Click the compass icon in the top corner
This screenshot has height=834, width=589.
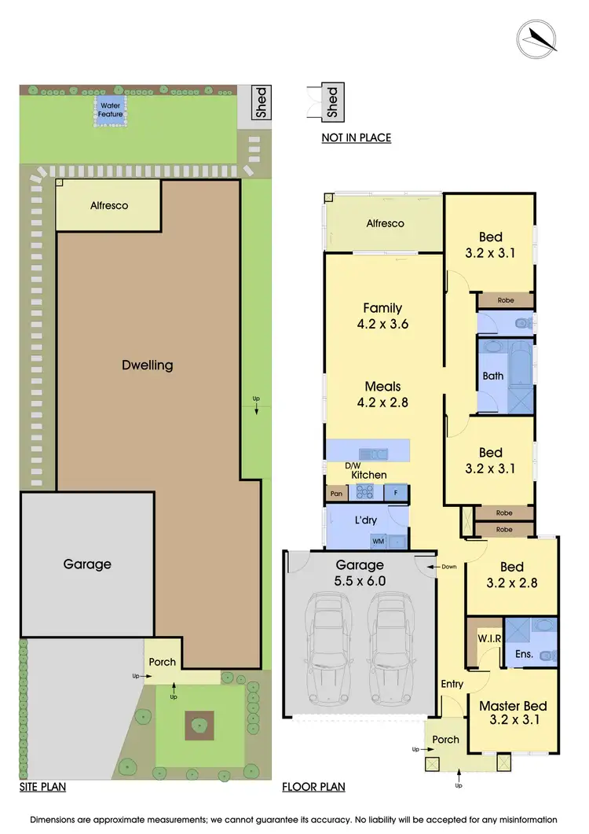[537, 36]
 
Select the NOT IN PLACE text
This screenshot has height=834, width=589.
[356, 138]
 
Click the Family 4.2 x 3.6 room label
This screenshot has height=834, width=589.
[382, 316]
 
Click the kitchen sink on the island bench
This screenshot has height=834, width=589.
[369, 454]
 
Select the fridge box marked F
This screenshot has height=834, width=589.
[396, 494]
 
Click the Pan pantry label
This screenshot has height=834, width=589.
[336, 494]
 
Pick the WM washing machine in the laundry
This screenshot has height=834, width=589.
[378, 542]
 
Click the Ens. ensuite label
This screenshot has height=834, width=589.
[524, 654]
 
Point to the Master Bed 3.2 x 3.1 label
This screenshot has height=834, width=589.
[512, 712]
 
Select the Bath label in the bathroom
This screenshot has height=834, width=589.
[493, 376]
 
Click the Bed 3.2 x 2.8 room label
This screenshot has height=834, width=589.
[512, 575]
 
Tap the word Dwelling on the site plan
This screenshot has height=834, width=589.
[147, 366]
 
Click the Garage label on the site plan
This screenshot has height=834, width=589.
[87, 564]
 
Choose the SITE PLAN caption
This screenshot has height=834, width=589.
[42, 787]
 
